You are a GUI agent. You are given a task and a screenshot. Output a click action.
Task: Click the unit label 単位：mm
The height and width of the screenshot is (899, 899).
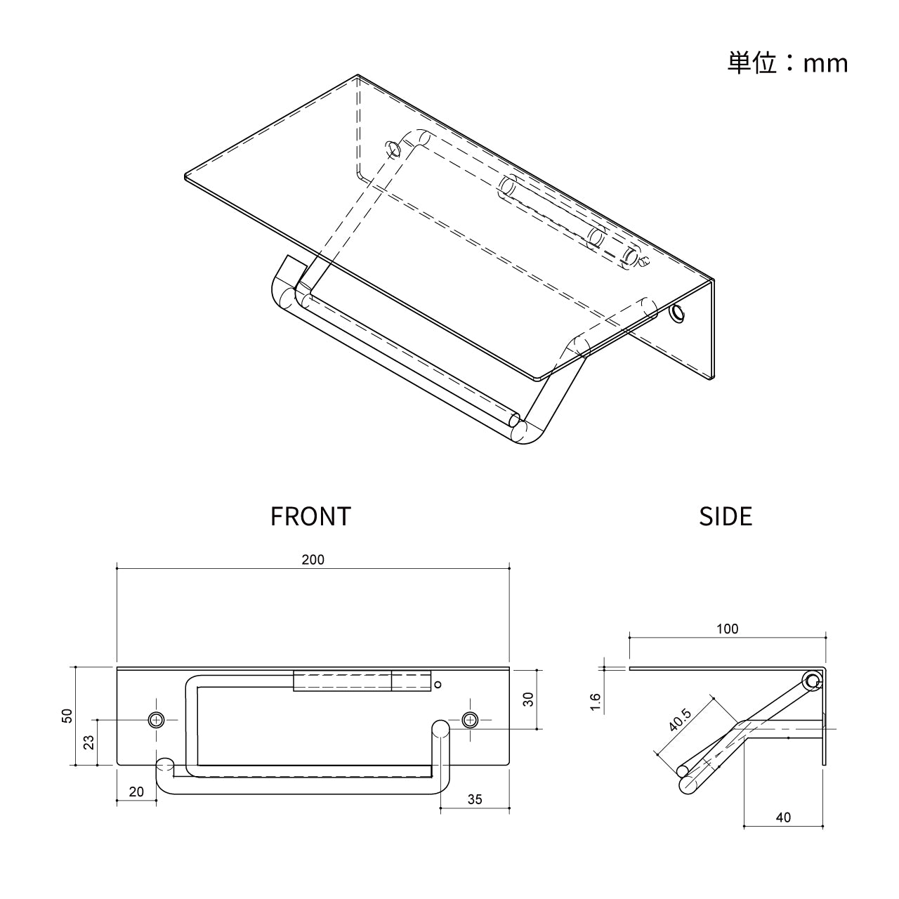(x=787, y=63)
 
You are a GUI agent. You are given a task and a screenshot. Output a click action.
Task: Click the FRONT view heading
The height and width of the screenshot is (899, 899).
(x=310, y=516)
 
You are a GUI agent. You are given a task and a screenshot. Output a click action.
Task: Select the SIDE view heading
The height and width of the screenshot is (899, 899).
(x=726, y=516)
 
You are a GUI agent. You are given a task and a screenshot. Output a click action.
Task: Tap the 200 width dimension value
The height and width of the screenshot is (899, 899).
(x=313, y=559)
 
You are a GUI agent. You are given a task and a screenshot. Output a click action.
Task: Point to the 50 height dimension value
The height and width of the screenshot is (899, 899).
(x=67, y=716)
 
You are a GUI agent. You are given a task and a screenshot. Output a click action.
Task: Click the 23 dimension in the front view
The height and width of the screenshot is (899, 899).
(x=88, y=742)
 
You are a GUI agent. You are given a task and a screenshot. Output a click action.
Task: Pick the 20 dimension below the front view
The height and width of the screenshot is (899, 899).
(x=136, y=792)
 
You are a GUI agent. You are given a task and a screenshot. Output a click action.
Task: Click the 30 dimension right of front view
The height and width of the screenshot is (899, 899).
(x=527, y=700)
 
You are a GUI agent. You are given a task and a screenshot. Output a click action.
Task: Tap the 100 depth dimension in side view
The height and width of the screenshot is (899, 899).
(x=728, y=629)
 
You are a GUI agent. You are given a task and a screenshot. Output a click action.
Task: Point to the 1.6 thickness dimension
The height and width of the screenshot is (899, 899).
(x=596, y=702)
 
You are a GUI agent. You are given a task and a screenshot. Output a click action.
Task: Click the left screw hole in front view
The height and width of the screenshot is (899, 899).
(x=156, y=721)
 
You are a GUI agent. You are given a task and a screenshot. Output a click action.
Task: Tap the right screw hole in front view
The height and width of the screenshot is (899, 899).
(x=470, y=721)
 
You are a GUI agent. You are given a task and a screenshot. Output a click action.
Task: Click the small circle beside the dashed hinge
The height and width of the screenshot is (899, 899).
(x=437, y=684)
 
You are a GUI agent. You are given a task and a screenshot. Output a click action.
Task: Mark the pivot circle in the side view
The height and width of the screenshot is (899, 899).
(x=812, y=681)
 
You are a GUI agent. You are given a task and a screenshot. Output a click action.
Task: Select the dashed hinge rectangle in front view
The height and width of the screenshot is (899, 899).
(x=362, y=681)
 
